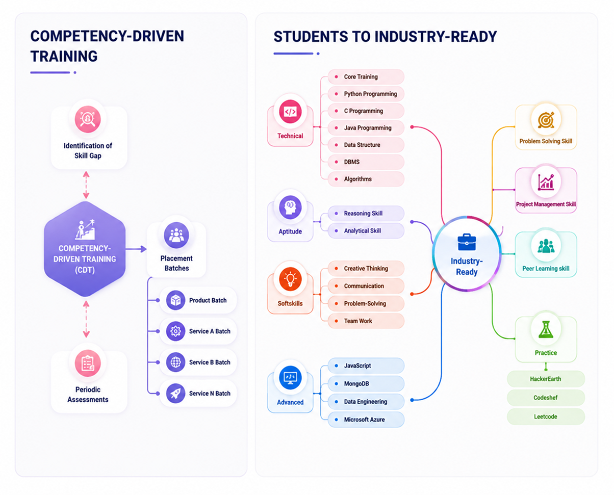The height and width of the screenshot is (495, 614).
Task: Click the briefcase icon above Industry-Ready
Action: (467, 242)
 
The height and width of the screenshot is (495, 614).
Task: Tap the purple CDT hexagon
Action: (85, 249)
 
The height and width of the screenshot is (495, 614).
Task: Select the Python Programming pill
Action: (366, 94)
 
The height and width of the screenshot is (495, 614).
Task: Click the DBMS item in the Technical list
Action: (366, 162)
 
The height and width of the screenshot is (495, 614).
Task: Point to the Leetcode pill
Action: (546, 416)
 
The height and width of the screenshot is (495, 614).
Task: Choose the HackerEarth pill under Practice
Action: (546, 379)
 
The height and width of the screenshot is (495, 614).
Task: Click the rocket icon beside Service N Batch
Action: (175, 393)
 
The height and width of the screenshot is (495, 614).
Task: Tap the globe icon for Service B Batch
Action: (175, 362)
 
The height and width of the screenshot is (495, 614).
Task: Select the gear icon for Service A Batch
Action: (175, 331)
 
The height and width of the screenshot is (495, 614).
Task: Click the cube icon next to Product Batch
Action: (175, 300)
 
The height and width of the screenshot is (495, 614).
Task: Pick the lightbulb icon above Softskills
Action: (290, 278)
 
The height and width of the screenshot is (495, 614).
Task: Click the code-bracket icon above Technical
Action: (290, 112)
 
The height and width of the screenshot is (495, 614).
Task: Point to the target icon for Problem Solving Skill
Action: (546, 120)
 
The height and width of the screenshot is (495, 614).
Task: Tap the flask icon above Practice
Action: (546, 329)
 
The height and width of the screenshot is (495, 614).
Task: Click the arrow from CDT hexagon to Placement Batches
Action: (136, 249)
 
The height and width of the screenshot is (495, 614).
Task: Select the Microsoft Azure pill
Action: (366, 420)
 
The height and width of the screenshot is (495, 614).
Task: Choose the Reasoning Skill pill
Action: (366, 214)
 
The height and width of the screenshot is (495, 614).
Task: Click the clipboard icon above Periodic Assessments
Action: (88, 363)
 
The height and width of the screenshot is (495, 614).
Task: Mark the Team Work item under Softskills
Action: (366, 321)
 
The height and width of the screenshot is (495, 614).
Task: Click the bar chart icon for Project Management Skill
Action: (546, 182)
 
